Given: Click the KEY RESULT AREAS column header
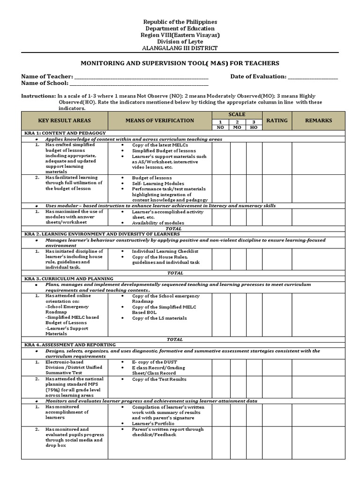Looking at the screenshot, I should [65, 120].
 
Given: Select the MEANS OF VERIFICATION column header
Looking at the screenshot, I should [159, 120].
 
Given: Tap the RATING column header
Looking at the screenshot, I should [277, 120].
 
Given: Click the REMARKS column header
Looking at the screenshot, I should [318, 120].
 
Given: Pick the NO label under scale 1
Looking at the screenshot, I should [220, 127].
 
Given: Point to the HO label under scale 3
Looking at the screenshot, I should [254, 127].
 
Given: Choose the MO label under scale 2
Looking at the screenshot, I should [237, 127].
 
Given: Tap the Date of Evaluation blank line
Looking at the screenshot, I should [313, 77].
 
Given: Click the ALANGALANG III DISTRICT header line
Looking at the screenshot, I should [180, 48].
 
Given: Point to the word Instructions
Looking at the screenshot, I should [38, 96].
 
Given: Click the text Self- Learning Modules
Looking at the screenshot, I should [158, 183].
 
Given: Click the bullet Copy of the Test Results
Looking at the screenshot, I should [159, 379].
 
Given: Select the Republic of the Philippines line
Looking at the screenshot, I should [180, 22].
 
